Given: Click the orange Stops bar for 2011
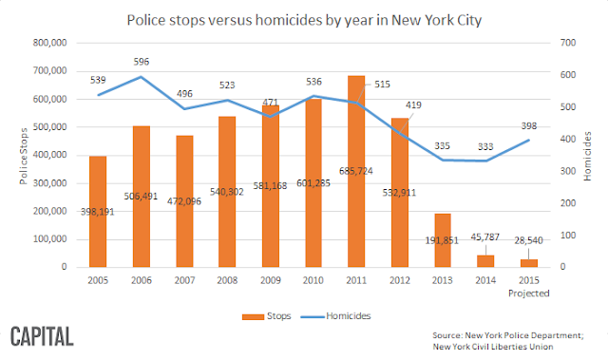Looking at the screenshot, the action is (x=356, y=171).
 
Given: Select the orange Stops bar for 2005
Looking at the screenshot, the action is (x=98, y=212).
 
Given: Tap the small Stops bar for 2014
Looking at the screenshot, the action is (x=485, y=261).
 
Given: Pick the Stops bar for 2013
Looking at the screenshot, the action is (x=443, y=240).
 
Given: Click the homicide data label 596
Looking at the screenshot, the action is (x=142, y=62).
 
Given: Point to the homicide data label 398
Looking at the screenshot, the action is (x=529, y=126).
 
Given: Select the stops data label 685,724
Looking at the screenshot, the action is (x=356, y=171).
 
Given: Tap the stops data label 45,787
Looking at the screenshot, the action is (x=485, y=237).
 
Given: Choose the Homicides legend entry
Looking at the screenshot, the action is (x=335, y=316).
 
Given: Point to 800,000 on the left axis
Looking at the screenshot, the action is (x=49, y=43).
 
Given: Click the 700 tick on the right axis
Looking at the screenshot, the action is (x=568, y=43).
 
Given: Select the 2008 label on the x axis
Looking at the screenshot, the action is (x=227, y=280).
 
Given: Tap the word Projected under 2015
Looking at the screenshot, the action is (x=529, y=294).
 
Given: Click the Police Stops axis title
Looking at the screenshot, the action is (x=24, y=156).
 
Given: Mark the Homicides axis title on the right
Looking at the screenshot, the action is (x=587, y=156).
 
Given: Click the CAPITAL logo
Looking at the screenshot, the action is (x=42, y=336).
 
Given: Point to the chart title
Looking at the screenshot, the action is (x=304, y=20).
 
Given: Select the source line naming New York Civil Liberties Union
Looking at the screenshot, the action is (x=493, y=347).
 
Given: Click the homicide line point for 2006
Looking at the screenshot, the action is (x=142, y=77).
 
